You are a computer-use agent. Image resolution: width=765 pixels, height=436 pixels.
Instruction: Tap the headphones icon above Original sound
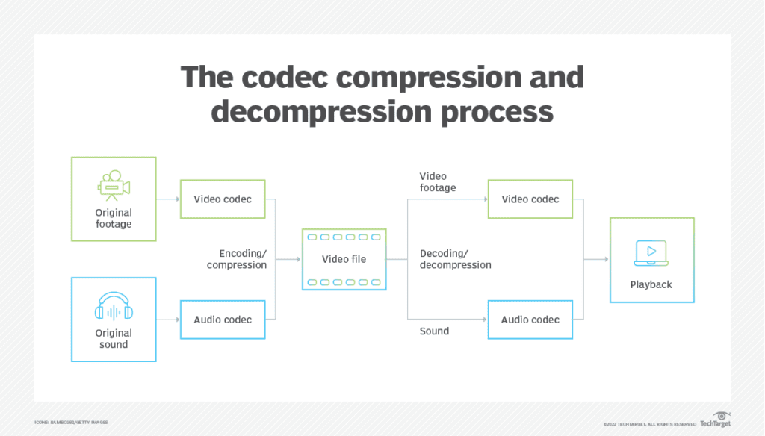pos(114,307)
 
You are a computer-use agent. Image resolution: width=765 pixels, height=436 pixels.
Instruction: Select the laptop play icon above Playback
pos(651,254)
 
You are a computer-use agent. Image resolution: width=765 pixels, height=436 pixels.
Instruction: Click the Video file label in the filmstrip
pos(344,259)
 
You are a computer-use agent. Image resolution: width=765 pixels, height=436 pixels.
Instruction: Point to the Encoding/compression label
pos(237,259)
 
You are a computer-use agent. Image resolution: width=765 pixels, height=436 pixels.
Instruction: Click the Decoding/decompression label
pos(455,259)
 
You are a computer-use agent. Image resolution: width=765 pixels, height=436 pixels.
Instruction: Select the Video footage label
pos(438,182)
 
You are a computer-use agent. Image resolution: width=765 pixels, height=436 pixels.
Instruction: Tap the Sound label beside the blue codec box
pos(434,331)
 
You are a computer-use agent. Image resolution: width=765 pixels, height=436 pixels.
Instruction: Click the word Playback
pos(651,284)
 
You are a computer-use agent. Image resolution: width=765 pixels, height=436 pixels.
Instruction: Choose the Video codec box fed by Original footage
pos(223,199)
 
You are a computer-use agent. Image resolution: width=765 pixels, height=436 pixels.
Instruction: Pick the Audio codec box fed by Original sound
pos(223,320)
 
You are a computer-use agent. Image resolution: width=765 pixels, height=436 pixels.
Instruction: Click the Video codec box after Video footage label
pos(530,199)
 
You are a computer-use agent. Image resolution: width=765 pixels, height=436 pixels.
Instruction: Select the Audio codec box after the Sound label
pos(530,320)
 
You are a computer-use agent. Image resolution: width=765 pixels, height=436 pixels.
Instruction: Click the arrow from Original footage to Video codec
pos(168,199)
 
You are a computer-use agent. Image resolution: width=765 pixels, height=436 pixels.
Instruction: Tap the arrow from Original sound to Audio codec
pos(168,320)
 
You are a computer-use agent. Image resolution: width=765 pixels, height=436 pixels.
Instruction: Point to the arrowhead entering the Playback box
pos(606,260)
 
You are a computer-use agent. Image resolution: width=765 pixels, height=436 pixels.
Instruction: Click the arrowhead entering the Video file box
pos(298,260)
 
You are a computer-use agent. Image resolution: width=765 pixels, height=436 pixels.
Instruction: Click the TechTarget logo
pos(715,420)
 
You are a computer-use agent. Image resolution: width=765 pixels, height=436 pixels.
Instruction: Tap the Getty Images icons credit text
pos(71,423)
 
